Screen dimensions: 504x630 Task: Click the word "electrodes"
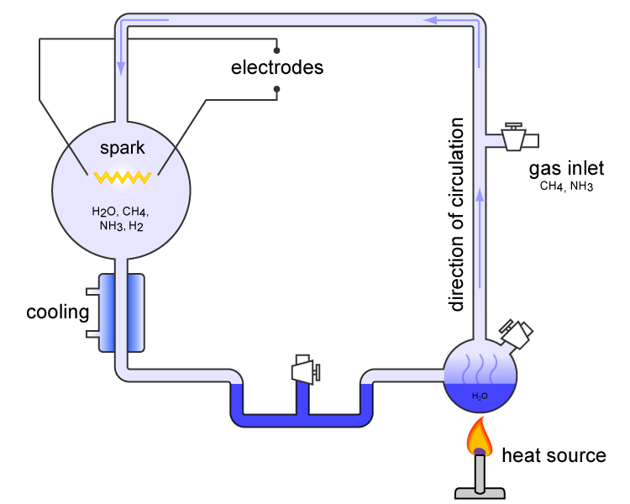click(x=276, y=67)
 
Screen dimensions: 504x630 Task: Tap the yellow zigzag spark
click(x=122, y=177)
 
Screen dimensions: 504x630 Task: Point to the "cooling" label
click(x=57, y=313)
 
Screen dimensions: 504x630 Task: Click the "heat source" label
click(x=553, y=456)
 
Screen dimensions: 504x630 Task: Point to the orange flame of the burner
click(x=480, y=437)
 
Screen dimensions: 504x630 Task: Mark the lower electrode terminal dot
click(x=276, y=87)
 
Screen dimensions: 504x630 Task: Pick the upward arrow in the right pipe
click(x=480, y=197)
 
